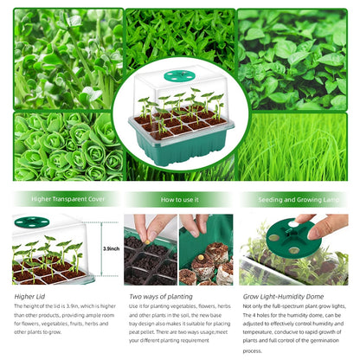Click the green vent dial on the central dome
tap(178, 83)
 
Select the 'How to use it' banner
tap(180, 199)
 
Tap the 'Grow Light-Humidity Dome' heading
tap(276, 295)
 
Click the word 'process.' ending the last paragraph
tap(253, 350)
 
